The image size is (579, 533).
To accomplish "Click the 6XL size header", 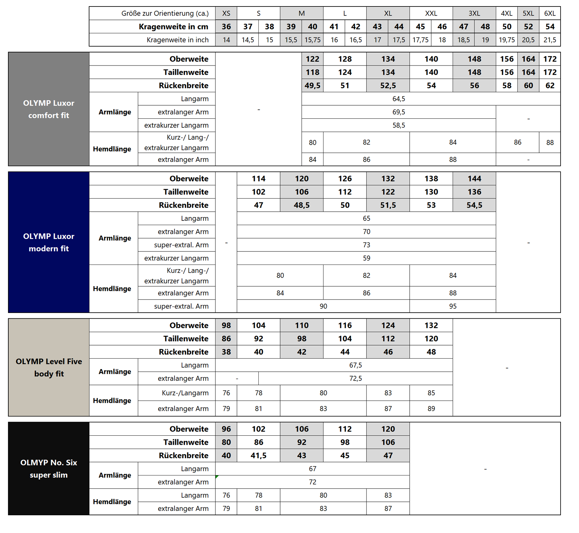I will click(x=550, y=13).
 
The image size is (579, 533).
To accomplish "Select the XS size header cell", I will click(x=226, y=13).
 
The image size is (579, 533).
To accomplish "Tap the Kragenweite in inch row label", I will click(x=177, y=40).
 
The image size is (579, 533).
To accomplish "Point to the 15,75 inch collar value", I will click(x=312, y=40).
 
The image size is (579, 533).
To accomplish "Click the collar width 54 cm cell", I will click(x=550, y=26).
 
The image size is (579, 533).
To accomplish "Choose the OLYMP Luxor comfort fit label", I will click(x=48, y=109).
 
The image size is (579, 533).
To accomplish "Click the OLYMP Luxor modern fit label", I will click(x=48, y=242).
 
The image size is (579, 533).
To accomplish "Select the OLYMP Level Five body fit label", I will click(x=48, y=367).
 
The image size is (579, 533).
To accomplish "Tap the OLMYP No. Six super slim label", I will click(x=48, y=469).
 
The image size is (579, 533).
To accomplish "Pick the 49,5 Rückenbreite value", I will click(x=312, y=85).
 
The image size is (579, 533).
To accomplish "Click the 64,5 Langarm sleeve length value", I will click(x=398, y=99).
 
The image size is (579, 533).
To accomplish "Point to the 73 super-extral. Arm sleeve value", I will click(x=366, y=245).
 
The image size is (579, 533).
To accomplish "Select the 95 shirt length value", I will click(x=452, y=306).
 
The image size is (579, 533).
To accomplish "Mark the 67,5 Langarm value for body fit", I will click(x=355, y=365).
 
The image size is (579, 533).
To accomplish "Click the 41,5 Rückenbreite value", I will click(x=258, y=456).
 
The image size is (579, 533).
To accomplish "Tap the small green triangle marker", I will click(x=217, y=477).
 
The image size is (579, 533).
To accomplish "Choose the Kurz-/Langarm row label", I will click(x=185, y=393).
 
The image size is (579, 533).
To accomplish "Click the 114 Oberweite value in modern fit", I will click(x=258, y=178).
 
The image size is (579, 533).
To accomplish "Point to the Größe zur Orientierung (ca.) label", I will click(x=165, y=13).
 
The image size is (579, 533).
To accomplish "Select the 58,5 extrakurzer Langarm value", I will click(x=398, y=125).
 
